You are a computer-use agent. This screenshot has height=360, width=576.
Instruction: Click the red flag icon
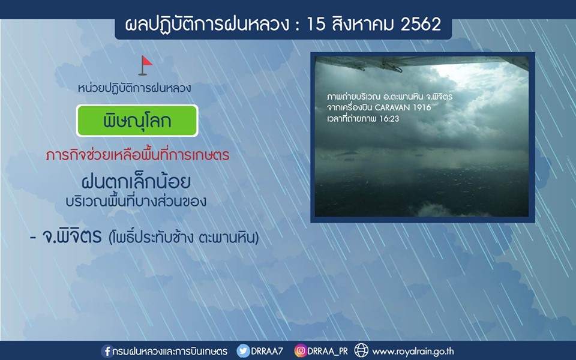pyautogui.click(x=146, y=65)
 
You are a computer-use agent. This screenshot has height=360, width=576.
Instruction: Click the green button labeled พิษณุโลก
pyautogui.click(x=137, y=121)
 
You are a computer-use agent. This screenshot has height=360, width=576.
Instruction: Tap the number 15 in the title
pyautogui.click(x=316, y=25)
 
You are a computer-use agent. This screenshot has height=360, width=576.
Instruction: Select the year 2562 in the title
pyautogui.click(x=421, y=25)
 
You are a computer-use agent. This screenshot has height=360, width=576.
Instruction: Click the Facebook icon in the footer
pyautogui.click(x=106, y=351)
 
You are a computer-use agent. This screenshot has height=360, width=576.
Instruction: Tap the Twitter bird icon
pyautogui.click(x=243, y=351)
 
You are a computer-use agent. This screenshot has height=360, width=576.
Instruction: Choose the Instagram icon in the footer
pyautogui.click(x=300, y=351)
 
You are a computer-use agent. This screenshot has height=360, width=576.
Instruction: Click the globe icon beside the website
pyautogui.click(x=361, y=350)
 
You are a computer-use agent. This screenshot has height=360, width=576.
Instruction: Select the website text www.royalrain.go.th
pyautogui.click(x=413, y=352)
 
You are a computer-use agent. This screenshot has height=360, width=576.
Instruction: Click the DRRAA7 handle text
pyautogui.click(x=267, y=351)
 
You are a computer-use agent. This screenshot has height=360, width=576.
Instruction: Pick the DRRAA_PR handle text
pyautogui.click(x=328, y=351)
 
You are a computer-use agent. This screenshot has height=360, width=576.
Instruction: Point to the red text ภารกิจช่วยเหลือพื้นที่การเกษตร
pyautogui.click(x=137, y=155)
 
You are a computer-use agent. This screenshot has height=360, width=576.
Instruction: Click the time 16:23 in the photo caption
pyautogui.click(x=389, y=119)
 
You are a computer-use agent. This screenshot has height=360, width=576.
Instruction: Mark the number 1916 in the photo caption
pyautogui.click(x=422, y=107)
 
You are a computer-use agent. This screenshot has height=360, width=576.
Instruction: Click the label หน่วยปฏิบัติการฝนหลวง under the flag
pyautogui.click(x=134, y=89)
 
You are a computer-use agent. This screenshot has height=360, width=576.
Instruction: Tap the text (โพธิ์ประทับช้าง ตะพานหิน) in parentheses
pyautogui.click(x=184, y=238)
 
